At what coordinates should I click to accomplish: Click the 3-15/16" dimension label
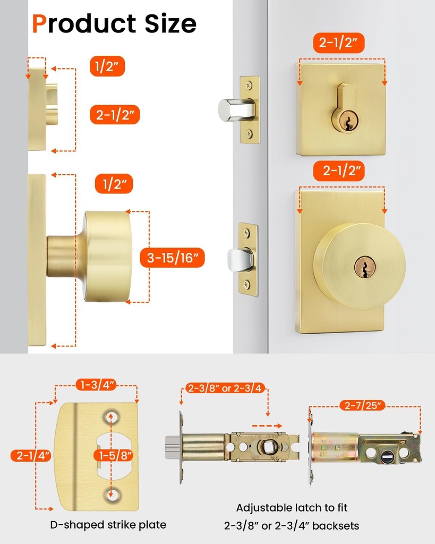pos(173,259)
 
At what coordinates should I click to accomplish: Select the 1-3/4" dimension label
pos(96,385)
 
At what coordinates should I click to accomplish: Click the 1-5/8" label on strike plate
pos(113,455)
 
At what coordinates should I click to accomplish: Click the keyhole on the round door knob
pos(365,267)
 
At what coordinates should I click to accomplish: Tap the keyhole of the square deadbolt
pos(345,121)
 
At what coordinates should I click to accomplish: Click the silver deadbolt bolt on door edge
pos(232,109)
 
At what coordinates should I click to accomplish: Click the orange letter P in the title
pos(39,24)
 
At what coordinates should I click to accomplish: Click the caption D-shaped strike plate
pos(108,525)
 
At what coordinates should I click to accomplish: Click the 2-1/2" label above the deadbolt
pos(339,42)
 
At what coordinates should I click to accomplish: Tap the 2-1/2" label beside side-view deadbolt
pos(115,114)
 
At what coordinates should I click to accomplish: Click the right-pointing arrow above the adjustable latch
pos(267,426)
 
